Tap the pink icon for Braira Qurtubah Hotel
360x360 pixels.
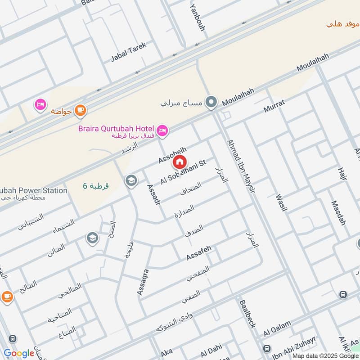(x=162, y=130)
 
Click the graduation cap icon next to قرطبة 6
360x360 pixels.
(x=131, y=180)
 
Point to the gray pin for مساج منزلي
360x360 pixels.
(x=210, y=103)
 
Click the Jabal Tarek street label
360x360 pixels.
(x=128, y=53)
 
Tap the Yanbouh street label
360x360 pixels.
(x=198, y=18)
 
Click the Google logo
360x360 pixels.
(x=18, y=353)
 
